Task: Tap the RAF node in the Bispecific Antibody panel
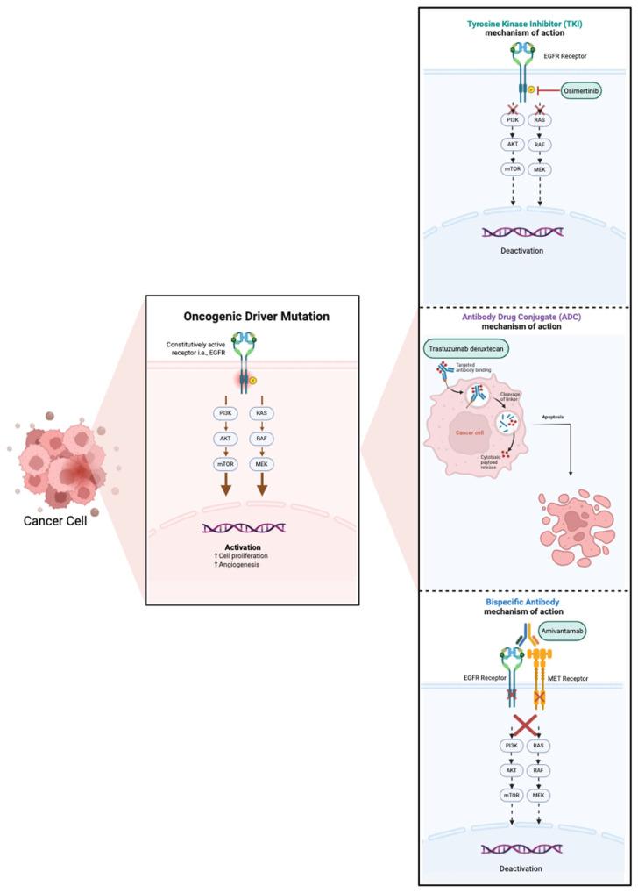(x=541, y=770)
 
